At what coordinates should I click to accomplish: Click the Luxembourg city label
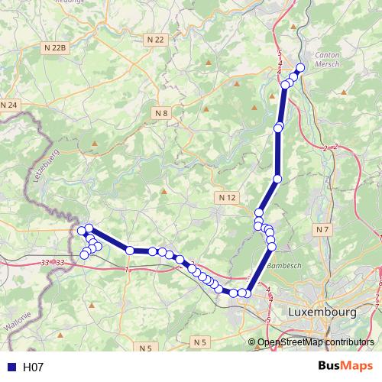click(x=322, y=313)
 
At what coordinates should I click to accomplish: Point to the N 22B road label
click(x=56, y=47)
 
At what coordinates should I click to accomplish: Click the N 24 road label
click(x=8, y=105)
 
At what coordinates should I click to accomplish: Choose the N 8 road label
click(x=160, y=113)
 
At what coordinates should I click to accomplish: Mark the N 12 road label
click(x=227, y=197)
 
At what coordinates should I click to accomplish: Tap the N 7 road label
click(x=322, y=229)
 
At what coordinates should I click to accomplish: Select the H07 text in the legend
click(x=34, y=367)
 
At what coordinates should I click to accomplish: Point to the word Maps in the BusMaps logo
click(x=357, y=367)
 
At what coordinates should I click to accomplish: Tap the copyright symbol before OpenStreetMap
click(x=253, y=342)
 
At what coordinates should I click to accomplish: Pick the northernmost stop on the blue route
click(x=300, y=68)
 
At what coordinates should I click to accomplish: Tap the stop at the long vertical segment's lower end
click(x=278, y=179)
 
